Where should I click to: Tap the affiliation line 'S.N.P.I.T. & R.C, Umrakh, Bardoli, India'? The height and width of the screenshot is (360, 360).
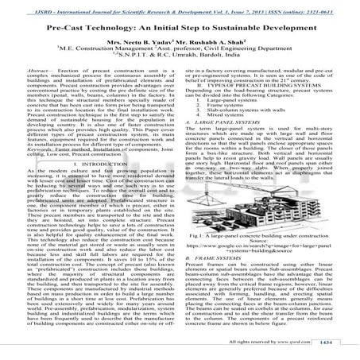coord(180,78)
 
